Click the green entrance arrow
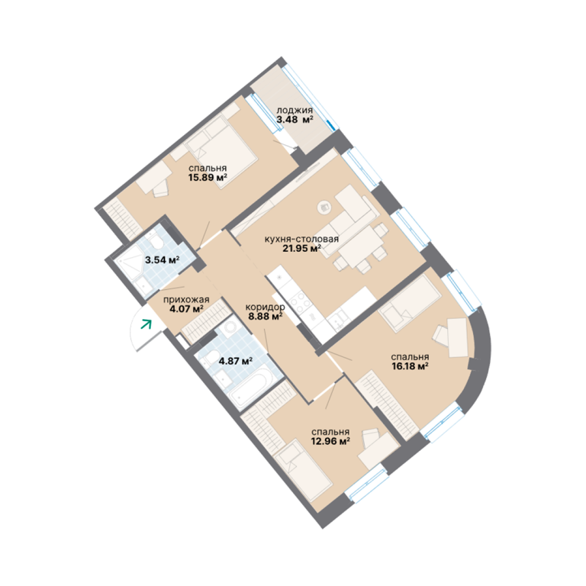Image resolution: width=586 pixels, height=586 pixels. tap(146, 324)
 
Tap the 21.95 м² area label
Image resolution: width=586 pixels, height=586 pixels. tap(301, 248)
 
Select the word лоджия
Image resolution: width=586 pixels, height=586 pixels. tap(295, 111)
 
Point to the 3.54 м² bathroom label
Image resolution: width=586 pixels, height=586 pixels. tap(163, 259)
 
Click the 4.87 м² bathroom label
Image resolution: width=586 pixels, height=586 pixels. tap(236, 361)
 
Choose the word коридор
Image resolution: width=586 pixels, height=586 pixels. tap(265, 307)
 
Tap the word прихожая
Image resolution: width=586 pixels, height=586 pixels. tap(186, 300)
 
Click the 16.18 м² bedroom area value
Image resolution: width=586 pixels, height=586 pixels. tap(410, 366)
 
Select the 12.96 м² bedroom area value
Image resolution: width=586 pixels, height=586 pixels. tap(330, 441)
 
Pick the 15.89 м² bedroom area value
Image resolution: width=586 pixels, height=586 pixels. tap(208, 177)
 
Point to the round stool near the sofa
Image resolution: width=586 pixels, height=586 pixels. tap(324, 207)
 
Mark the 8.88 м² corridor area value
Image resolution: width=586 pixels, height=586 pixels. tap(266, 317)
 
